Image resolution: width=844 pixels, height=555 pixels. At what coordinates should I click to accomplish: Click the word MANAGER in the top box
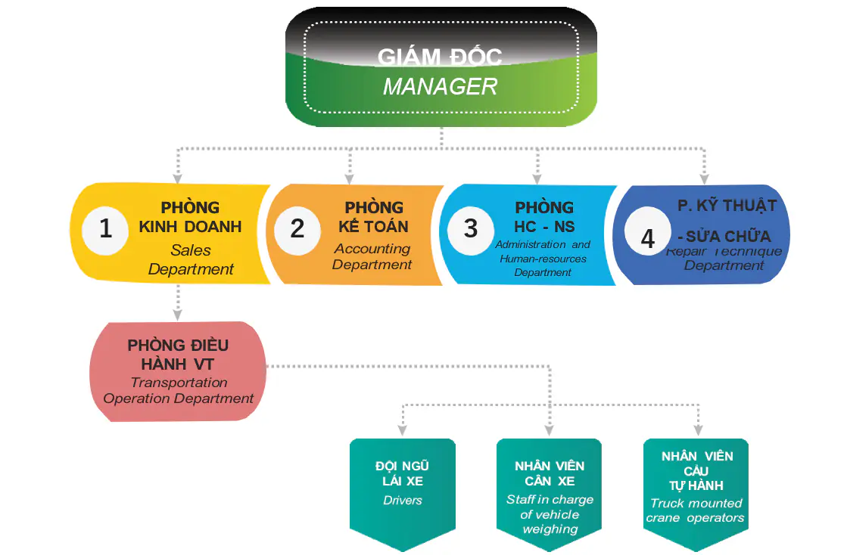point(440,86)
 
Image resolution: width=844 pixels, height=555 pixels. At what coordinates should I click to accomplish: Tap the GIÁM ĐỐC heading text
point(440,57)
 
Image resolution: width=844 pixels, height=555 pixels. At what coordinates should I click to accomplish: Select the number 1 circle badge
point(106,228)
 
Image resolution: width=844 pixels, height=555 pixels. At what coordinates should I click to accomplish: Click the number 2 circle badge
point(297,228)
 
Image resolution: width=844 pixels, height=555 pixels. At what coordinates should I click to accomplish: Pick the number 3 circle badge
point(471,228)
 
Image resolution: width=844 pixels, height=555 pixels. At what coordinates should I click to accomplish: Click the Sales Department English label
point(191,259)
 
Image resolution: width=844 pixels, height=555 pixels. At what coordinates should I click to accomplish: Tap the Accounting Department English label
point(372,256)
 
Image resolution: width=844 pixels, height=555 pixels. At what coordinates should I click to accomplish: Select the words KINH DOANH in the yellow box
point(190,227)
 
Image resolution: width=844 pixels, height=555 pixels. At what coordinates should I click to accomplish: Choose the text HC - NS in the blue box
point(544,227)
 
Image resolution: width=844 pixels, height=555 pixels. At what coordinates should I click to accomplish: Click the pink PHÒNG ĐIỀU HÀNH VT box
point(178,371)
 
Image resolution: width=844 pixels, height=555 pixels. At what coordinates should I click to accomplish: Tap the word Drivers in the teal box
point(403,501)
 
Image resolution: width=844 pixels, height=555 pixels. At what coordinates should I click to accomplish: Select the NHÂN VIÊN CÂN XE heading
point(550,473)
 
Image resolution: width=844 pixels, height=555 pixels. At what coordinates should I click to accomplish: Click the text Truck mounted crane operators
point(696,510)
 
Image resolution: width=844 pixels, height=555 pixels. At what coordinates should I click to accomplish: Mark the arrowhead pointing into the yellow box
point(178,179)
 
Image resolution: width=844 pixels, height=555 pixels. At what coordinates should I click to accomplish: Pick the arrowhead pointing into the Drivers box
point(402,432)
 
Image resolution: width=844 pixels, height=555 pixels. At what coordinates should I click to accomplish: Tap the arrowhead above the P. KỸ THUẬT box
point(704,179)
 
